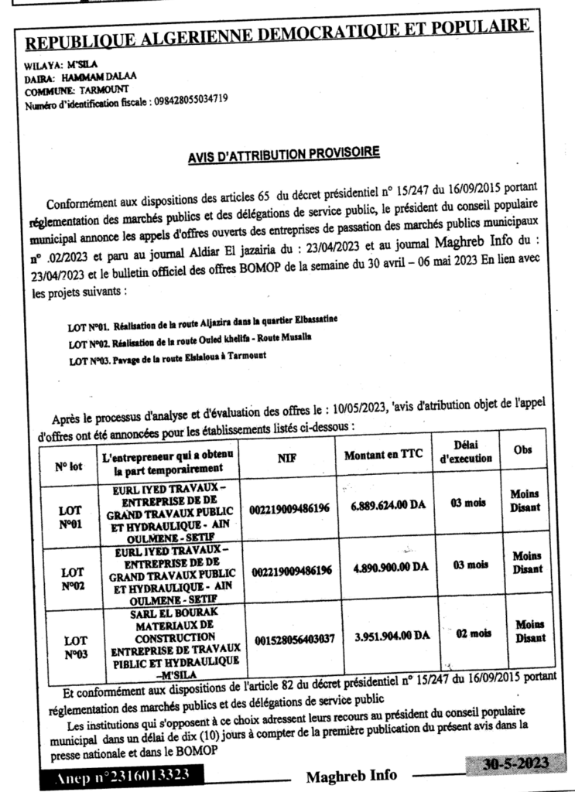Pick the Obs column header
527,450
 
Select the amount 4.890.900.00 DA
390,568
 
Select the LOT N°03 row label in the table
75,647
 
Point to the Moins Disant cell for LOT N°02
528,562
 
